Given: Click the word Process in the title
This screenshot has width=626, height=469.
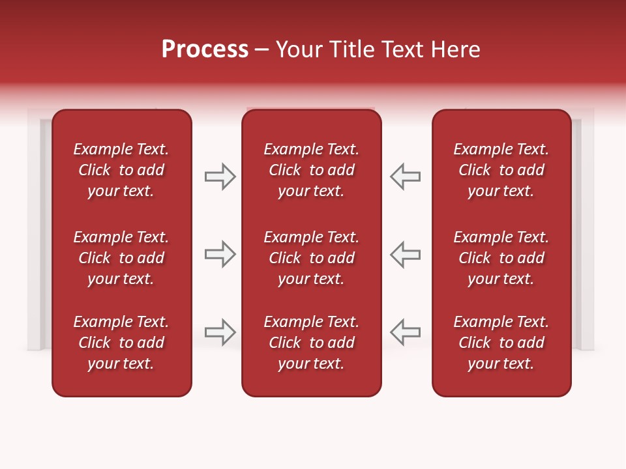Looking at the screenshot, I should point(205,50).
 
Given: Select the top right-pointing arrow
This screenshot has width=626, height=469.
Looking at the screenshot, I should point(220,177).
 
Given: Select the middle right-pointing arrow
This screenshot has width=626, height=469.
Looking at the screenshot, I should point(220,254).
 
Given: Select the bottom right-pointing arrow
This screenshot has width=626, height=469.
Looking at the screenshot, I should point(220,332).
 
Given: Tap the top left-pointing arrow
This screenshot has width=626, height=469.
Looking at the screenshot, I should point(406,177).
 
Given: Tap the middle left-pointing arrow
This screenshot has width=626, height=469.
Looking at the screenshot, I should point(406,254).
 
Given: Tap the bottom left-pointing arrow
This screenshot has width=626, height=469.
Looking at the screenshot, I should point(406,332).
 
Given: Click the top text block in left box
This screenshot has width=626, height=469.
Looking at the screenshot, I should point(121,170).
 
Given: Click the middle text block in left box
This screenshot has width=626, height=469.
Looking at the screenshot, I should point(121,258).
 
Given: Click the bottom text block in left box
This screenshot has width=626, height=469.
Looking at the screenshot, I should point(121,343).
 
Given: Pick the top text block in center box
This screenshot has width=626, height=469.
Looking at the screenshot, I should point(311,170).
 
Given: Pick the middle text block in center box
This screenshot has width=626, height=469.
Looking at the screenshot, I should point(311,258).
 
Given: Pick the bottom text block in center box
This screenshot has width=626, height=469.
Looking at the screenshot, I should point(311,343).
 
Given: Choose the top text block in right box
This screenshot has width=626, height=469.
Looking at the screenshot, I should point(501,170).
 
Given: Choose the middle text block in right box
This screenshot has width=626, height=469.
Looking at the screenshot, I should point(501,258).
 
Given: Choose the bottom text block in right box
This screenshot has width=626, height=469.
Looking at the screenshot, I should point(501,343).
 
